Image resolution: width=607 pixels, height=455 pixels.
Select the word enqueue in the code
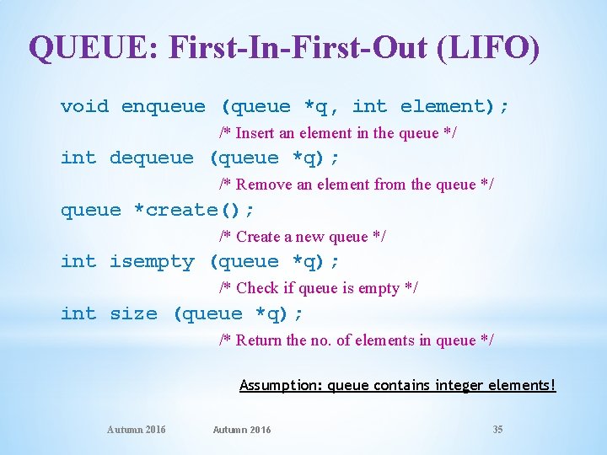[163, 106]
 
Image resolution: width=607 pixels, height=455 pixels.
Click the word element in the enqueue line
[447, 106]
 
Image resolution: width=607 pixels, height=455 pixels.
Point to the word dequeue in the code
[151, 158]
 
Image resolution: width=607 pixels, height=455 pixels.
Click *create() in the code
[194, 210]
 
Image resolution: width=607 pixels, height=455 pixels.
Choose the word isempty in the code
[152, 262]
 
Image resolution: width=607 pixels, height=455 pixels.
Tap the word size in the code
[133, 314]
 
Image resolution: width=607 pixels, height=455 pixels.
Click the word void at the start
[84, 106]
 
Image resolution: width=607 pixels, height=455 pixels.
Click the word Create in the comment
[258, 237]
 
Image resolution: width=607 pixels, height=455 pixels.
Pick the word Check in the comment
[257, 288]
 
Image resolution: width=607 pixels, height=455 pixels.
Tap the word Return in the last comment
[259, 340]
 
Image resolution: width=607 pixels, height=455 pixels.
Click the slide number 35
[497, 430]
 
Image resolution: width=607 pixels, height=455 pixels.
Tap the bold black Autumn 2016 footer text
[242, 430]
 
